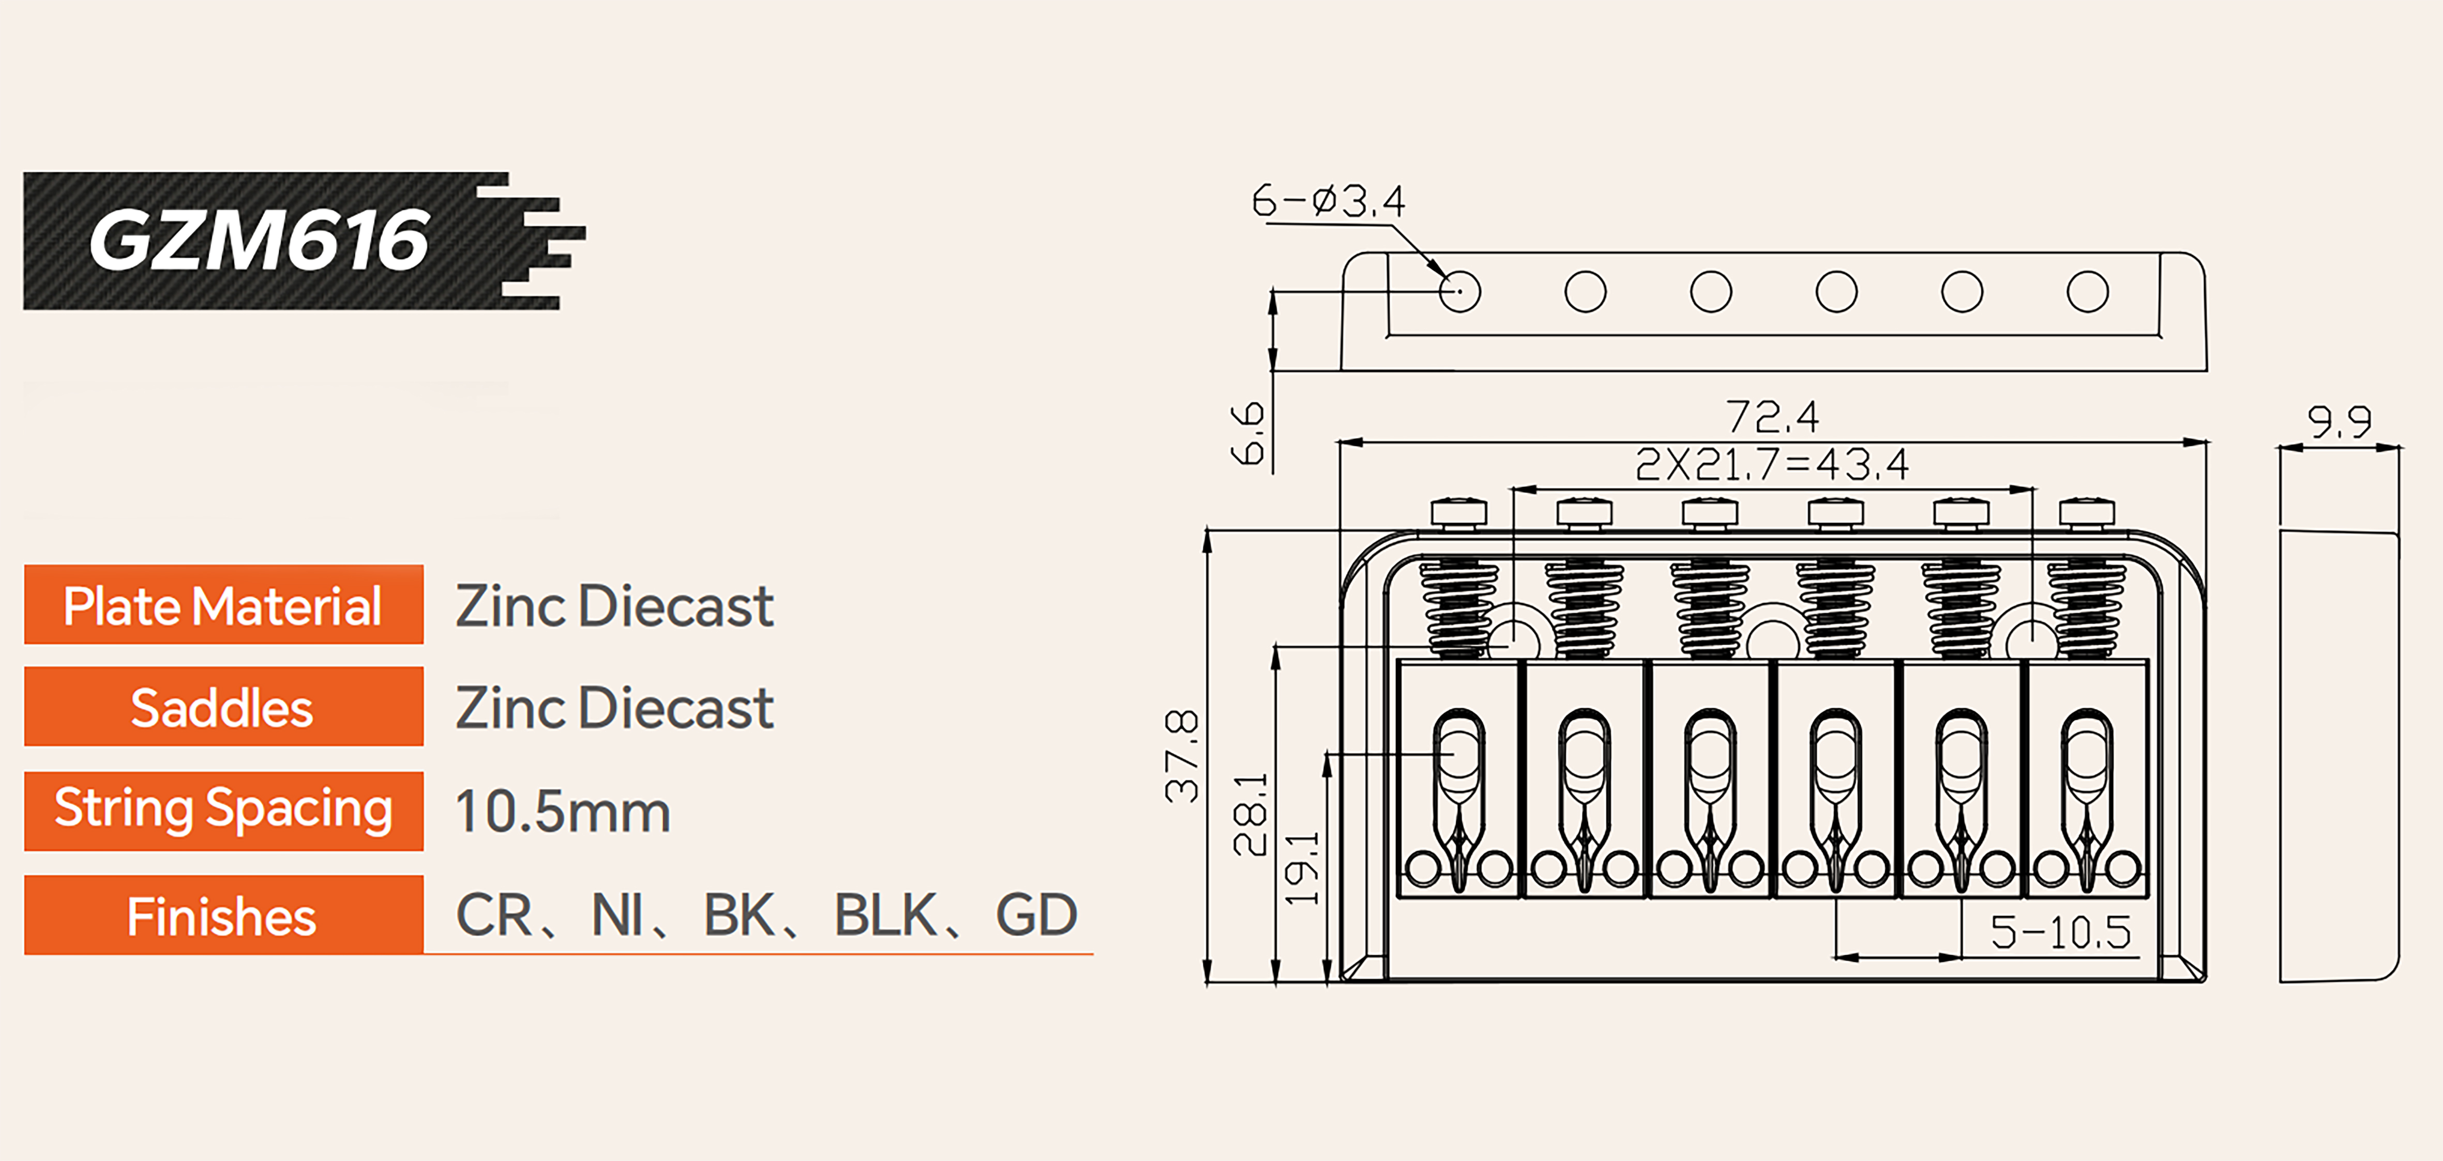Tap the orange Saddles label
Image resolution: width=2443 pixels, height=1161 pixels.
coord(223,708)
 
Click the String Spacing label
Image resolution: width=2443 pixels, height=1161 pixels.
coord(223,809)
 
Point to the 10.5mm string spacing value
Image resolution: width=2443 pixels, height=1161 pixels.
coord(562,812)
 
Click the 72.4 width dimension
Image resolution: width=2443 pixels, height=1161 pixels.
coord(1772,416)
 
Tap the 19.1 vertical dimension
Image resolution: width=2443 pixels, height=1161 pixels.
coord(1302,868)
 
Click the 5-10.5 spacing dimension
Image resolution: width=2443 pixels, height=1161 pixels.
coord(2060,932)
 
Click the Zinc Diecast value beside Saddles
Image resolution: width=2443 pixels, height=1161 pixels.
coord(614,708)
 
